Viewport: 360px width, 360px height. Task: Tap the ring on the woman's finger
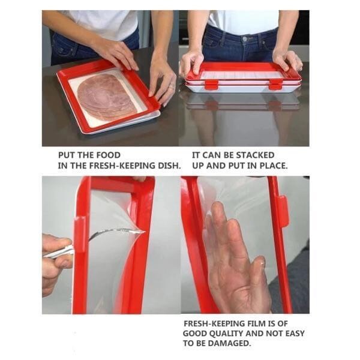click(170, 86)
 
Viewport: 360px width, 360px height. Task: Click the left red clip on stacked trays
click(211, 84)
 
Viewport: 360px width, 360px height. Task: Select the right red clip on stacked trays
click(276, 84)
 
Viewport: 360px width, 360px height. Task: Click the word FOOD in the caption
click(108, 155)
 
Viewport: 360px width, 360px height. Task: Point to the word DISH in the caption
click(169, 166)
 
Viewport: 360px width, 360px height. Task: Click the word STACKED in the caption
click(256, 155)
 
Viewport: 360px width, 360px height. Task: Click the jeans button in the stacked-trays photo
click(245, 39)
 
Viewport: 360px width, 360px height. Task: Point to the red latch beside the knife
click(80, 235)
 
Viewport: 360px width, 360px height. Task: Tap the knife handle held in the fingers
click(59, 251)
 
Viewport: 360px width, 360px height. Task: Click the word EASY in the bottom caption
click(295, 334)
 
